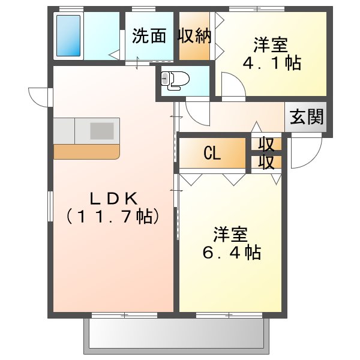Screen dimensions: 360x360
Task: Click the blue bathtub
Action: pos(68,35)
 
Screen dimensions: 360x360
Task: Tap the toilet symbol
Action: pos(175,80)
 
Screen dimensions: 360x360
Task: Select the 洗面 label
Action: pos(149,36)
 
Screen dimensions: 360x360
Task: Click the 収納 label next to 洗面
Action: pos(194,36)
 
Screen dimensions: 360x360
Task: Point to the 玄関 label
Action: pos(307,117)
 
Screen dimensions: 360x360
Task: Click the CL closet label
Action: pos(212,154)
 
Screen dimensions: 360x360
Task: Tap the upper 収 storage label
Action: pos(266,145)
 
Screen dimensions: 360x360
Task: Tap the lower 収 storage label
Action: pos(266,162)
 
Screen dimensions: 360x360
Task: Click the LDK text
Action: pos(114,199)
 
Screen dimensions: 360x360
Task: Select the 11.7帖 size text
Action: pos(113,217)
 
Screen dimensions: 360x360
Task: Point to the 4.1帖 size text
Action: pos(272,63)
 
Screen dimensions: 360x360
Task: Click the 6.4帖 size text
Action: pos(232,253)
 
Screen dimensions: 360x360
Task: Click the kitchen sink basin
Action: pos(102,131)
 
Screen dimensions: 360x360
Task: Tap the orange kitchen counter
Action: pos(86,152)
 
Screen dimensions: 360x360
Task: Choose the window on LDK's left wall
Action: pos(50,206)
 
